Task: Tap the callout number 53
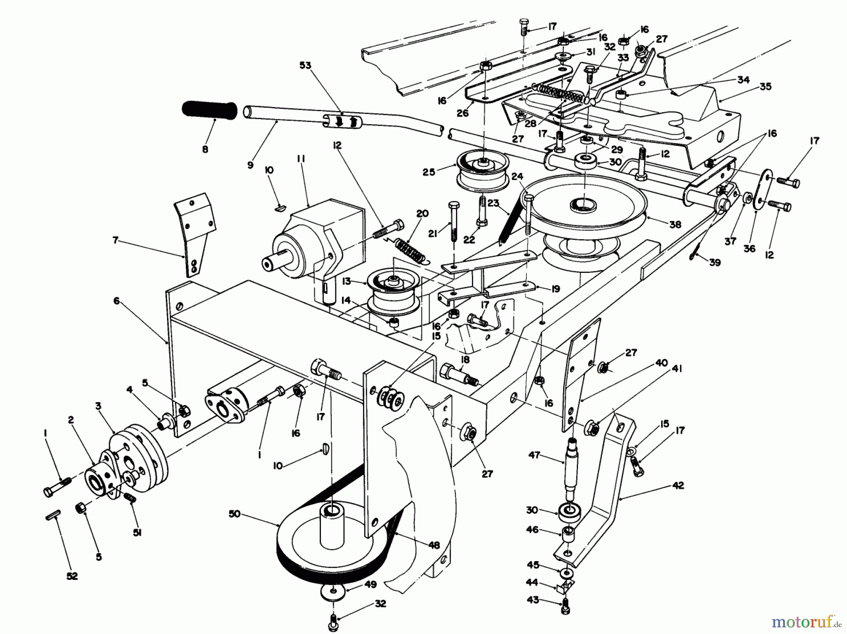[x=305, y=65]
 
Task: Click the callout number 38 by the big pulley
[x=675, y=225]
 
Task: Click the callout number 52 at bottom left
[x=72, y=576]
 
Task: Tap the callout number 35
[x=766, y=87]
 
